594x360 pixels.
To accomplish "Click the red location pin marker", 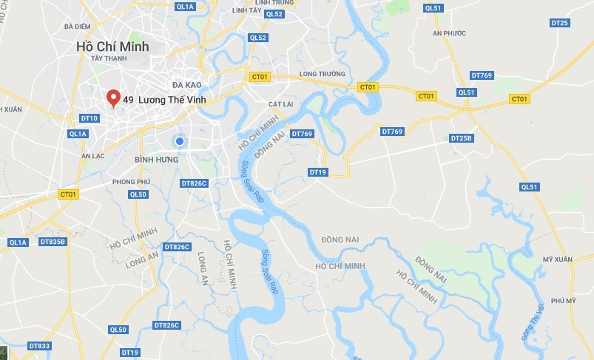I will [x=113, y=98].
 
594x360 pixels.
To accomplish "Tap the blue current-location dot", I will [x=179, y=140].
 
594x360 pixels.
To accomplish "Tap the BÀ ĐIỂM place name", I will [x=78, y=27].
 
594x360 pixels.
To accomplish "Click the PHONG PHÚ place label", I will [x=132, y=181].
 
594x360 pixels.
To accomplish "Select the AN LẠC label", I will [x=95, y=156].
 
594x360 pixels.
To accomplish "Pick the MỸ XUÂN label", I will [x=558, y=259].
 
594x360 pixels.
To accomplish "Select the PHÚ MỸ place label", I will [x=563, y=300].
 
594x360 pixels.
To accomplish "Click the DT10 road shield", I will [x=89, y=118].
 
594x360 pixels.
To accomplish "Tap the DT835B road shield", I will [x=53, y=242].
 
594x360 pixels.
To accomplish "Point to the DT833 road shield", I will [x=39, y=346].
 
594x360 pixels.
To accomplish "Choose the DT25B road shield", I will [x=461, y=138].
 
